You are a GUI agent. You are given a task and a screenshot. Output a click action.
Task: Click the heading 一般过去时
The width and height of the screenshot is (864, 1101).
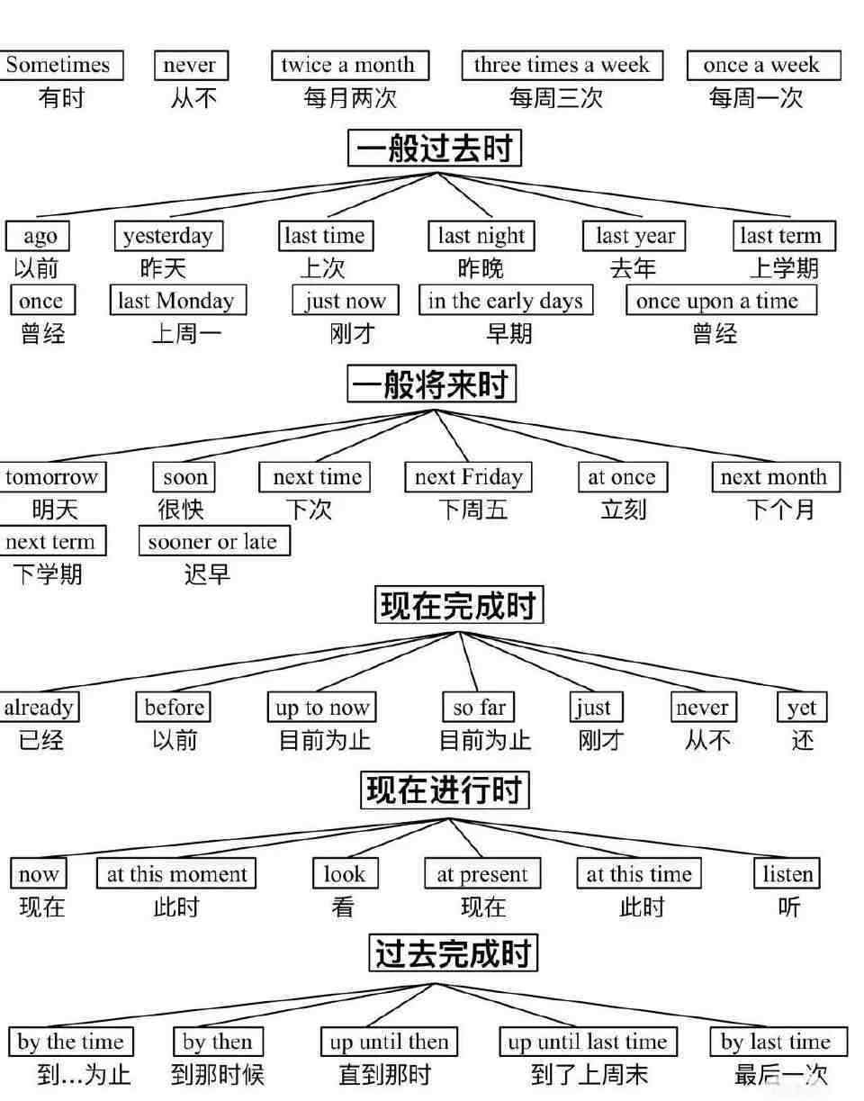tap(435, 148)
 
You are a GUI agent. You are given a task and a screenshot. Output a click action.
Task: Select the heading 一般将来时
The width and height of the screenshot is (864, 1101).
tap(432, 384)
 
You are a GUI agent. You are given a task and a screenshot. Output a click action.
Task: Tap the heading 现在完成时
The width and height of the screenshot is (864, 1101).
tap(459, 605)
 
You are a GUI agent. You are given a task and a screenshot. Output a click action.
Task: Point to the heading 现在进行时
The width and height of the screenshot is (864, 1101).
tap(445, 790)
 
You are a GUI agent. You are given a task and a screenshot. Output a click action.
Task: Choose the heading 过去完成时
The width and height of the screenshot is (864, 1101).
tap(453, 953)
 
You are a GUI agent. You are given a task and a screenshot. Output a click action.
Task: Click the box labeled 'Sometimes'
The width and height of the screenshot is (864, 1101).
tap(59, 65)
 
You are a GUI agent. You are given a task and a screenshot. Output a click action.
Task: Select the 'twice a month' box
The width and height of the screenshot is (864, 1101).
tap(349, 65)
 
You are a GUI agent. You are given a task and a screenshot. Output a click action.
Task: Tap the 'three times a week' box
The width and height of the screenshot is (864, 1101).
tap(562, 65)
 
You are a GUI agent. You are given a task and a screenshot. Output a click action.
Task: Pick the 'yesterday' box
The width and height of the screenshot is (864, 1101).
tap(168, 236)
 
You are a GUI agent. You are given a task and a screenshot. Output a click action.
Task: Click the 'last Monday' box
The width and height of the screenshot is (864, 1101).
tap(176, 301)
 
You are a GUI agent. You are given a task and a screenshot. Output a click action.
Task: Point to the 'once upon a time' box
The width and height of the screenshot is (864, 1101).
tap(720, 301)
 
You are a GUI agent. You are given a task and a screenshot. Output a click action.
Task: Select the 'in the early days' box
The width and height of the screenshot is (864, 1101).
tap(505, 301)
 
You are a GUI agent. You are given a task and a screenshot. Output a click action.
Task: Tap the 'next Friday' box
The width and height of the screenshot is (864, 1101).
tap(468, 477)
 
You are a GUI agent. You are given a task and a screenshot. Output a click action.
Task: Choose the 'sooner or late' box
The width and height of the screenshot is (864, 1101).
tap(213, 542)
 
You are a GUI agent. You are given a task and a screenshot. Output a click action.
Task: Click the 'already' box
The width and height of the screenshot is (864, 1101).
tap(39, 708)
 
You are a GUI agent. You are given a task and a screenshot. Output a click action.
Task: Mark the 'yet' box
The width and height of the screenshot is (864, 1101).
tap(802, 708)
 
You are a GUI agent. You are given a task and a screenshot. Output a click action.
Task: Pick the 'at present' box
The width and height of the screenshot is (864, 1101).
tap(482, 874)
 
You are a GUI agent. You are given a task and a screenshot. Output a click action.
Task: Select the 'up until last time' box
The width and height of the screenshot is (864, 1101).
tap(588, 1042)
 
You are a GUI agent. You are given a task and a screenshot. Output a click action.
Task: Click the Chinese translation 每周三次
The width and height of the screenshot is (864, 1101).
tap(556, 98)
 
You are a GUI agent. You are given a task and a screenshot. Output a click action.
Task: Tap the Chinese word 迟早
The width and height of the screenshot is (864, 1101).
tap(207, 573)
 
